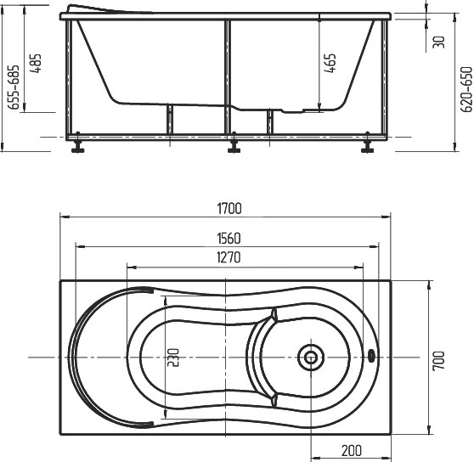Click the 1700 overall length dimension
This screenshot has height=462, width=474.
(229, 208)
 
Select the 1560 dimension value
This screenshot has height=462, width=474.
(229, 239)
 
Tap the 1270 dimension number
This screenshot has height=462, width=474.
(229, 257)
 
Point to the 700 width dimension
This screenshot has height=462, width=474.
(439, 360)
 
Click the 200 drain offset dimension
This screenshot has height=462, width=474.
(352, 451)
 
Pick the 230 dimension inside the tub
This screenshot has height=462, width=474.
(173, 358)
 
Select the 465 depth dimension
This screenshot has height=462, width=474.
(330, 63)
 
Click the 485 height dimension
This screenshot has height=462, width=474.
(35, 64)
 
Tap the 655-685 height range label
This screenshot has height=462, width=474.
(14, 87)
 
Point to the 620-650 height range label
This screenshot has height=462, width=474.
(466, 89)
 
